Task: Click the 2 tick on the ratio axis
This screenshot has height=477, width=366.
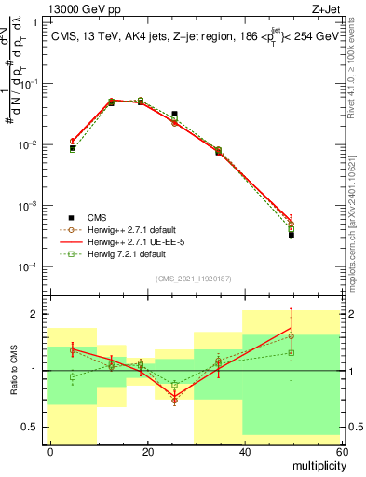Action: click(x=40, y=314)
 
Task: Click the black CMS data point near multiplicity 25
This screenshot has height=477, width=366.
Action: click(x=174, y=114)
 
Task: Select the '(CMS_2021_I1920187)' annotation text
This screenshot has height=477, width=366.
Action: click(x=193, y=278)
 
